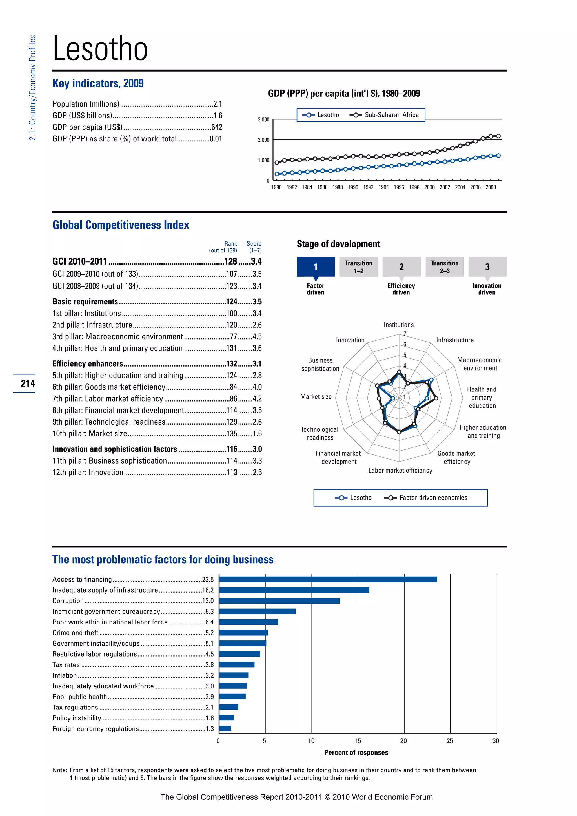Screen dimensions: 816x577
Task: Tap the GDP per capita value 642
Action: click(216, 127)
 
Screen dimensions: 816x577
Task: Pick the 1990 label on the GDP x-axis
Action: click(353, 188)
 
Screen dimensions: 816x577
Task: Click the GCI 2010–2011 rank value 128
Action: click(230, 261)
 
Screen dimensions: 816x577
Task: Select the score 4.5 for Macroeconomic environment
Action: click(257, 336)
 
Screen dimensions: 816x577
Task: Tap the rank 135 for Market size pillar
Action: click(232, 434)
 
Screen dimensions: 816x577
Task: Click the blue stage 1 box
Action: click(316, 267)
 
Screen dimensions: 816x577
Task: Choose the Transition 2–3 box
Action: click(445, 267)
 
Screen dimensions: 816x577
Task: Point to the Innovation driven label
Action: click(486, 289)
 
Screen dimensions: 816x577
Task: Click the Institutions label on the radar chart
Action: click(398, 325)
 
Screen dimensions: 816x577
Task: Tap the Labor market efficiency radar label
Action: click(400, 471)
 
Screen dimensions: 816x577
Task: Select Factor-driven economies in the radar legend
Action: click(433, 498)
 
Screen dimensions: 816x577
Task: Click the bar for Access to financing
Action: click(328, 580)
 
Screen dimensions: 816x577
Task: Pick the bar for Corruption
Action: click(279, 601)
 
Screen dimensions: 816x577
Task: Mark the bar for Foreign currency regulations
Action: click(225, 729)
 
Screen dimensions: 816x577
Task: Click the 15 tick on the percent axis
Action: click(358, 741)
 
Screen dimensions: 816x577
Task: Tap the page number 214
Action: click(28, 383)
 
